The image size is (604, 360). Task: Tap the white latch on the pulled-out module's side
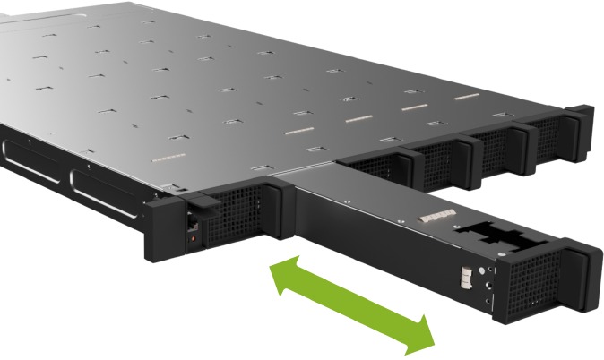pyautogui.click(x=467, y=277)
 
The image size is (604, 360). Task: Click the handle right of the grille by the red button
pyautogui.click(x=276, y=208)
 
